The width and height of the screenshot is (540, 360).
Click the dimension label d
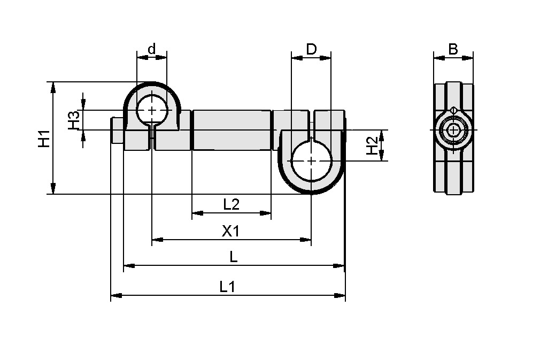pos(151,49)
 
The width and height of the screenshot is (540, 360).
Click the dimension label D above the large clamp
pos(311,49)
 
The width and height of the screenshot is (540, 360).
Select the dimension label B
pos(453,49)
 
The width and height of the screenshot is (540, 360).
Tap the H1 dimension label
pos(44,138)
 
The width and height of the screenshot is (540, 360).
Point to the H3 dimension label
pos(74,120)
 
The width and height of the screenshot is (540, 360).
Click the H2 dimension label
pos(372,145)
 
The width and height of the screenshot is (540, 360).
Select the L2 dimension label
pos(231,204)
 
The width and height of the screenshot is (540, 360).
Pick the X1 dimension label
pos(230,231)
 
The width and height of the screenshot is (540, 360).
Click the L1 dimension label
pos(227,287)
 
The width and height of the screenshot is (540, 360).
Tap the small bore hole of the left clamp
pos(152,110)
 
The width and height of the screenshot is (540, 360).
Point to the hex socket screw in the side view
pos(453,130)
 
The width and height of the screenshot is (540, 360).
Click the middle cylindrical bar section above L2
pos(231,130)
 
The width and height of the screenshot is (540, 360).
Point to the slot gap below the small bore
pos(152,138)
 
